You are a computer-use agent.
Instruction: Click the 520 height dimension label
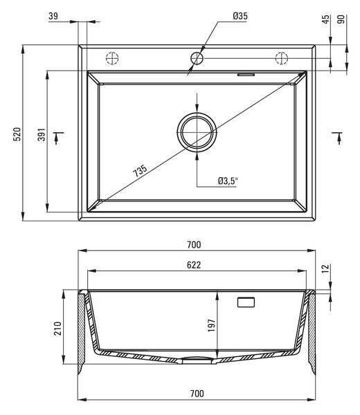17,134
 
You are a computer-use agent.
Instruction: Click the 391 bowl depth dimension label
42,134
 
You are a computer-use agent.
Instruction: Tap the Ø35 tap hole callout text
240,16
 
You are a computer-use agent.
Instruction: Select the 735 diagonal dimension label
140,170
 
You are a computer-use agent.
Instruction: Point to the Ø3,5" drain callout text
228,181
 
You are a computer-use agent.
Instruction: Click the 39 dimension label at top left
53,16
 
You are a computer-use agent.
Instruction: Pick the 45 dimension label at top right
326,19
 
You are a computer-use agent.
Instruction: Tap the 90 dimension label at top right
341,19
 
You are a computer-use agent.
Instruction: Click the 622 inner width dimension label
194,265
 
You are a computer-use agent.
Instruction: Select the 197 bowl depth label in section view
212,325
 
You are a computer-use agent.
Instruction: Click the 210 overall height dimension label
57,329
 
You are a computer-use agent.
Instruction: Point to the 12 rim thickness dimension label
326,268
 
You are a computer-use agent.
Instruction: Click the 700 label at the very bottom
197,394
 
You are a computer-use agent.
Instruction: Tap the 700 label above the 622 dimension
194,245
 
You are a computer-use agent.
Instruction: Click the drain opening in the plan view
197,132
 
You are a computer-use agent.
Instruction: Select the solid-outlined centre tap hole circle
197,58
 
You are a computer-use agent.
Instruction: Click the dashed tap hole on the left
112,58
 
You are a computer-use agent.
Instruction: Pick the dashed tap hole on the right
282,58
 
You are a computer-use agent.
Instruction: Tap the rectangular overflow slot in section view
246,302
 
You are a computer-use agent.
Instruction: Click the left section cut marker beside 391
57,137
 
